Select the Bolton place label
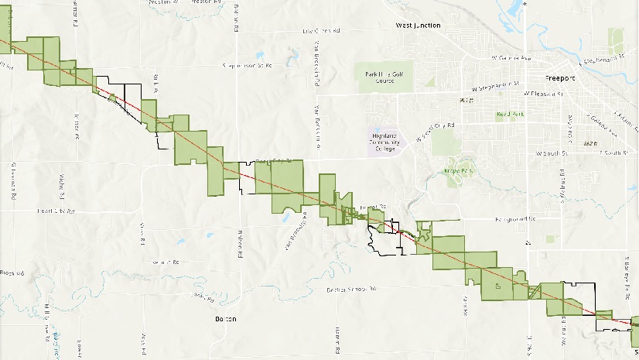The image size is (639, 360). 225,318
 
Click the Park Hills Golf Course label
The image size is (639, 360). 384,77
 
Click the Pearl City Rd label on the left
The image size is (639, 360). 56,211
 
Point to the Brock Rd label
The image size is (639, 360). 13,273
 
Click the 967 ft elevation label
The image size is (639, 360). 465,101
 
